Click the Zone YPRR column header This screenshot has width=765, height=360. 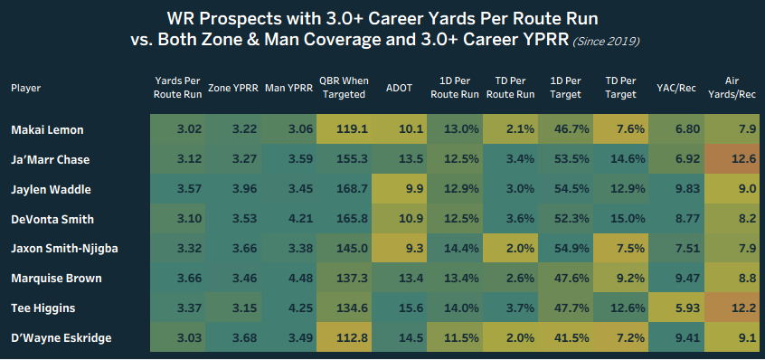(231, 88)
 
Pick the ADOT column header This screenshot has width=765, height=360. (398, 88)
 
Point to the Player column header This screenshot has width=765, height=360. (25, 88)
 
